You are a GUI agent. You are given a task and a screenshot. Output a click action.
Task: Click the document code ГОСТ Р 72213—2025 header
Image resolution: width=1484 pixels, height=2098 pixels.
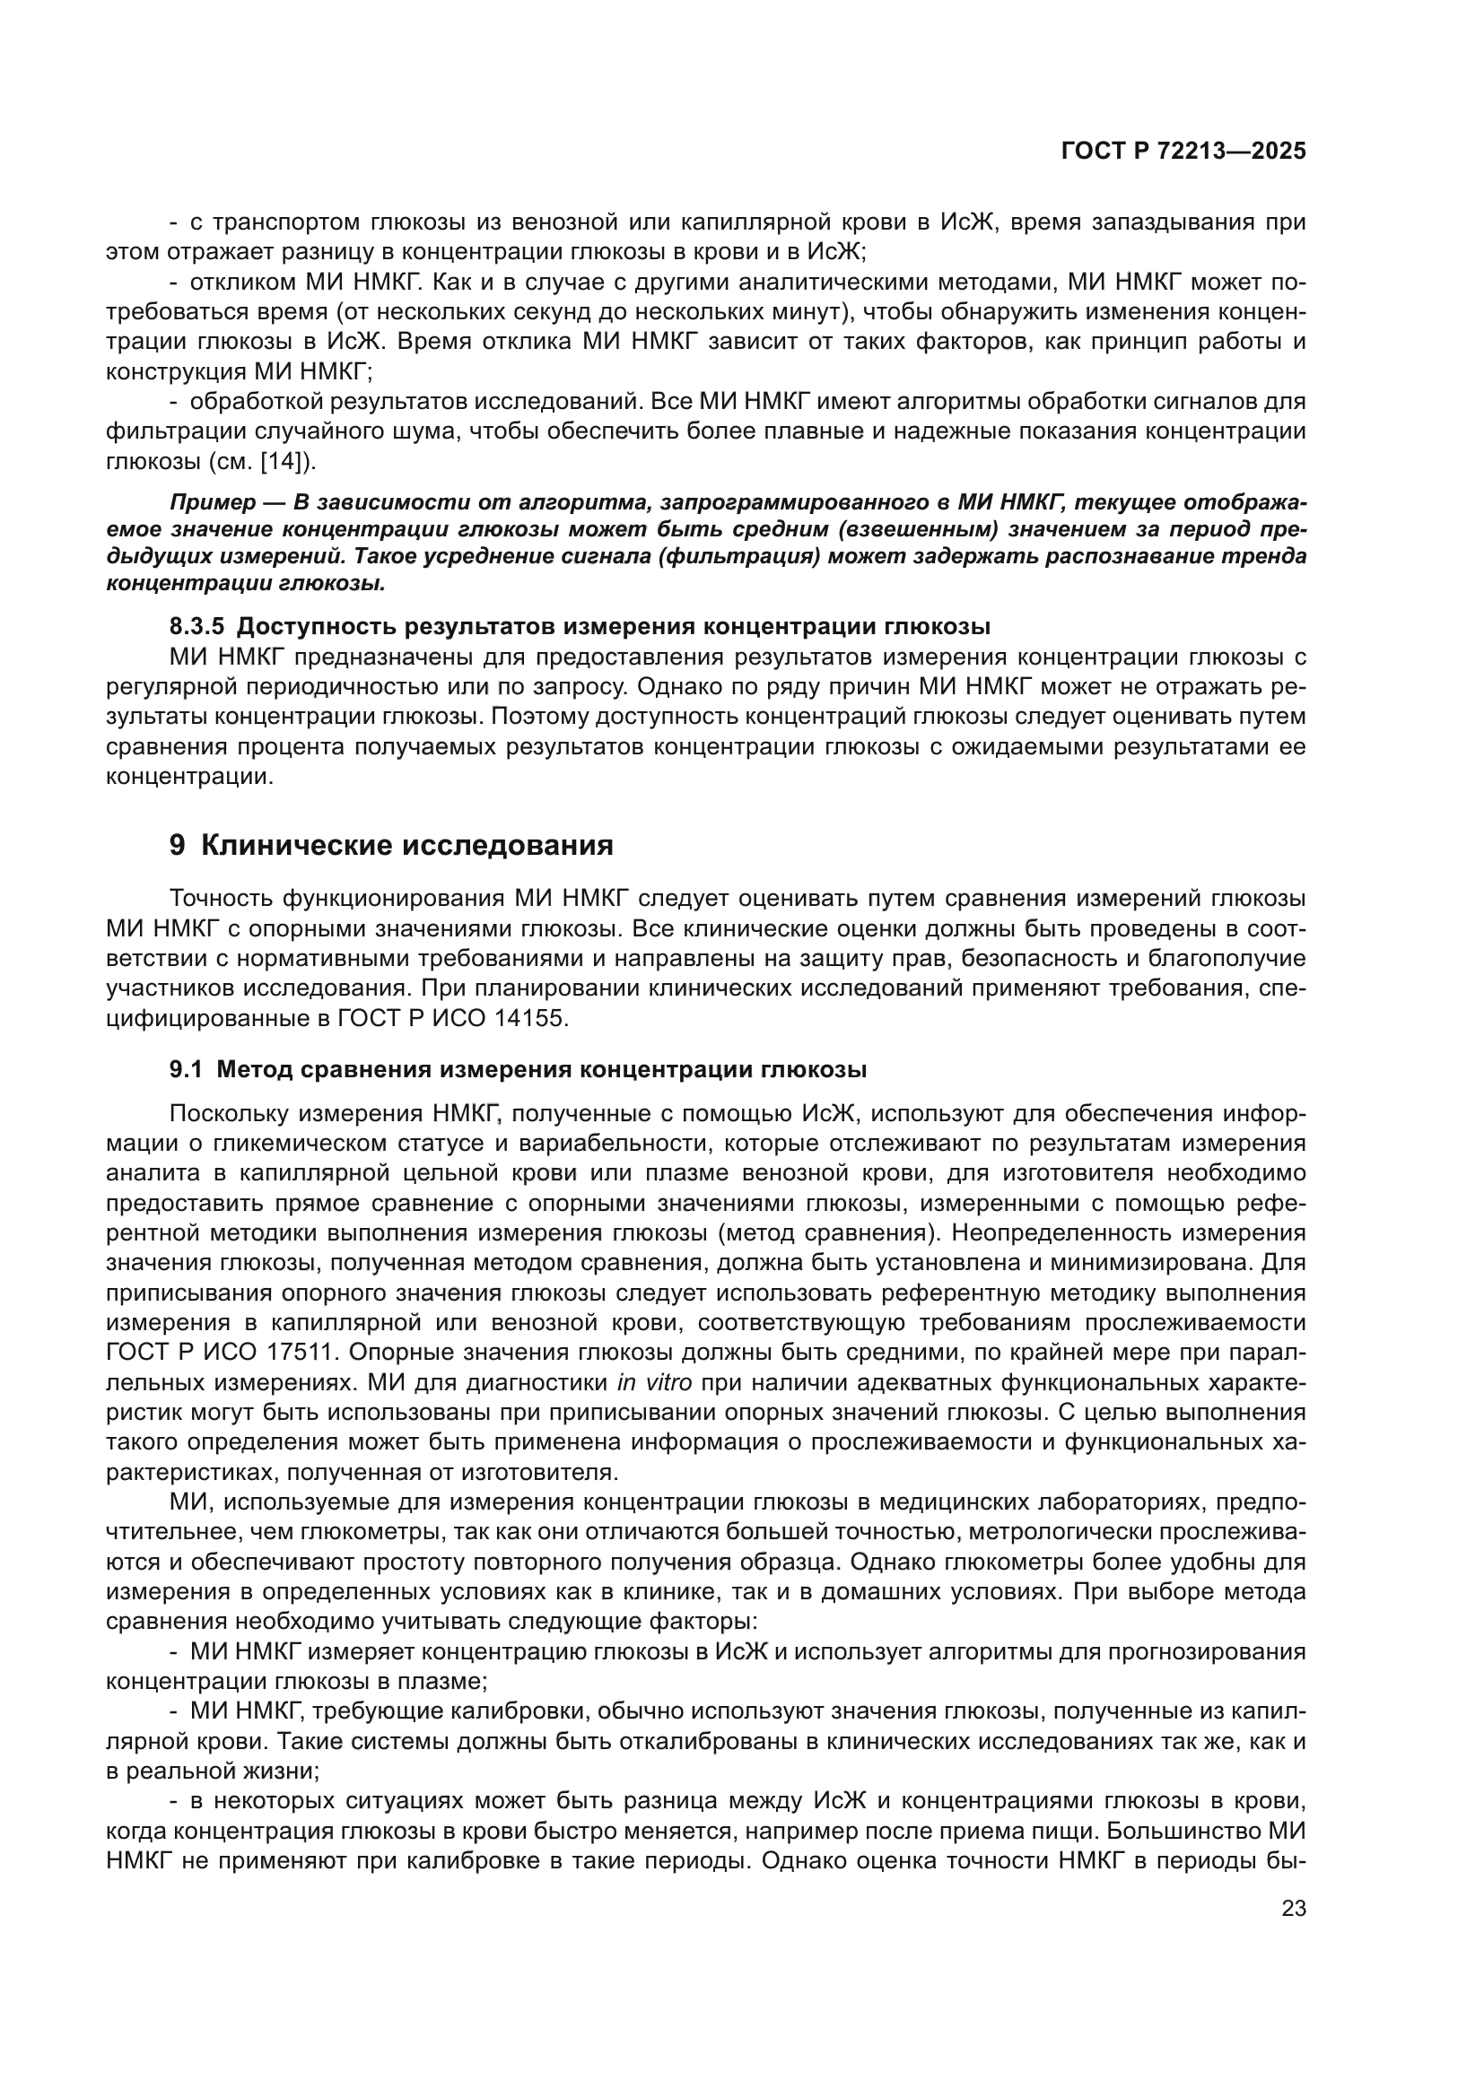click(1183, 152)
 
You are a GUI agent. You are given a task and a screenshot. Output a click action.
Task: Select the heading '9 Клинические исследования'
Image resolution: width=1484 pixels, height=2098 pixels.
click(391, 845)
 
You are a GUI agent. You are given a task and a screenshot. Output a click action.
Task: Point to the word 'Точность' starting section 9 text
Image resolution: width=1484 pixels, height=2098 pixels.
click(221, 898)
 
